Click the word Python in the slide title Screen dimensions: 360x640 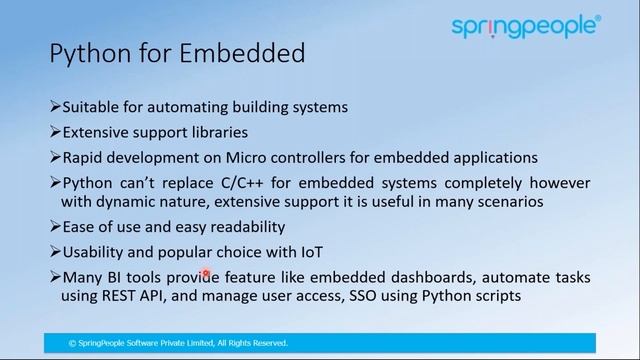[x=87, y=52]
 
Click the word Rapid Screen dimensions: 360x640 [x=84, y=158]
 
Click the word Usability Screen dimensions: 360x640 [x=97, y=253]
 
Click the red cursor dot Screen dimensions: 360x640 [x=205, y=273]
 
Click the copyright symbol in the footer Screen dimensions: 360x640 [x=72, y=343]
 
